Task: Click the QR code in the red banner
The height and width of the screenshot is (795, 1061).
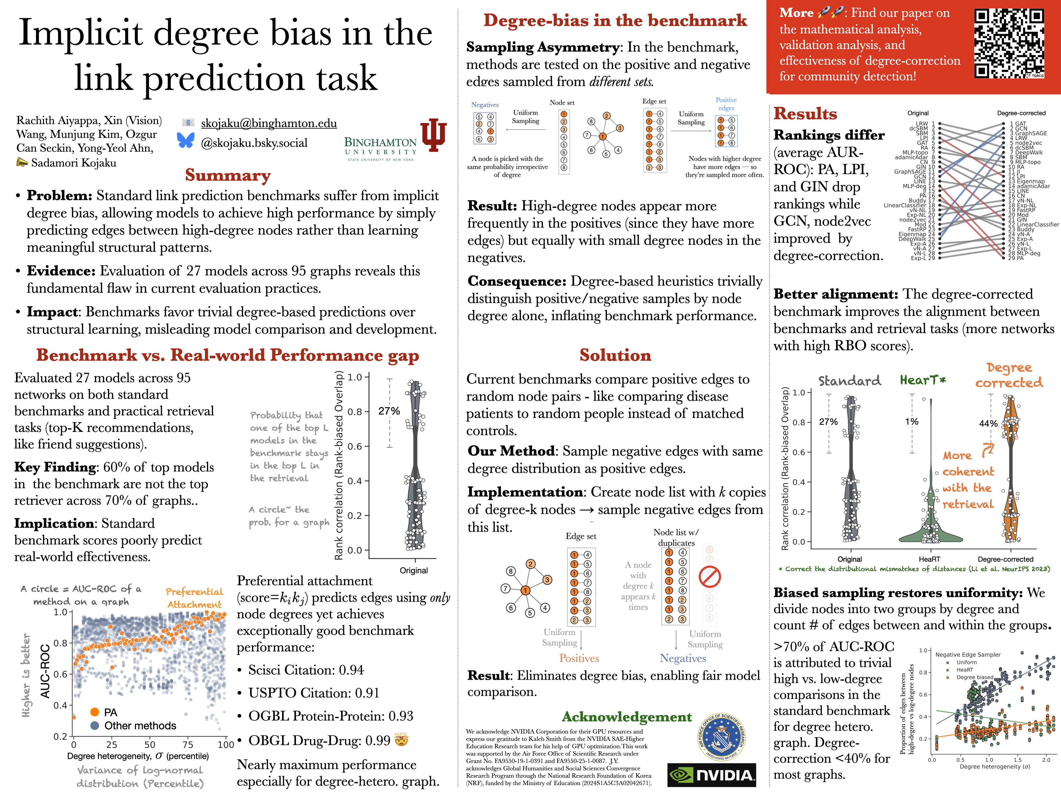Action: (x=1009, y=44)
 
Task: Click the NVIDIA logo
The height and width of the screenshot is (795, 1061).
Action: (x=711, y=775)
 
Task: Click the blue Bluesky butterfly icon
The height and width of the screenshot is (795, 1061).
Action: (x=186, y=140)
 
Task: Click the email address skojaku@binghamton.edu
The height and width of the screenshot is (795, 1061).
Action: (x=269, y=123)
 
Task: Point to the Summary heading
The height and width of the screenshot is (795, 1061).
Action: (x=228, y=175)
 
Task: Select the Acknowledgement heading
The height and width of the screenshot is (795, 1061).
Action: (x=626, y=717)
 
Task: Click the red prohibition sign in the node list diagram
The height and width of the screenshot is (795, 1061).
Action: (x=709, y=577)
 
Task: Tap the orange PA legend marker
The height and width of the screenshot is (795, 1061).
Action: (x=95, y=712)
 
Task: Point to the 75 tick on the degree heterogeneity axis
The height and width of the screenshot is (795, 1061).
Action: (x=188, y=745)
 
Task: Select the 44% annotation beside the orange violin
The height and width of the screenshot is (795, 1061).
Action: (x=988, y=424)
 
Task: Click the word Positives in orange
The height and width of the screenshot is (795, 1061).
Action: (x=579, y=659)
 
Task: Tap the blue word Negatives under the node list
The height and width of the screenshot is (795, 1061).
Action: (x=682, y=659)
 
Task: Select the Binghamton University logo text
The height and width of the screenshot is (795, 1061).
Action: (x=380, y=147)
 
